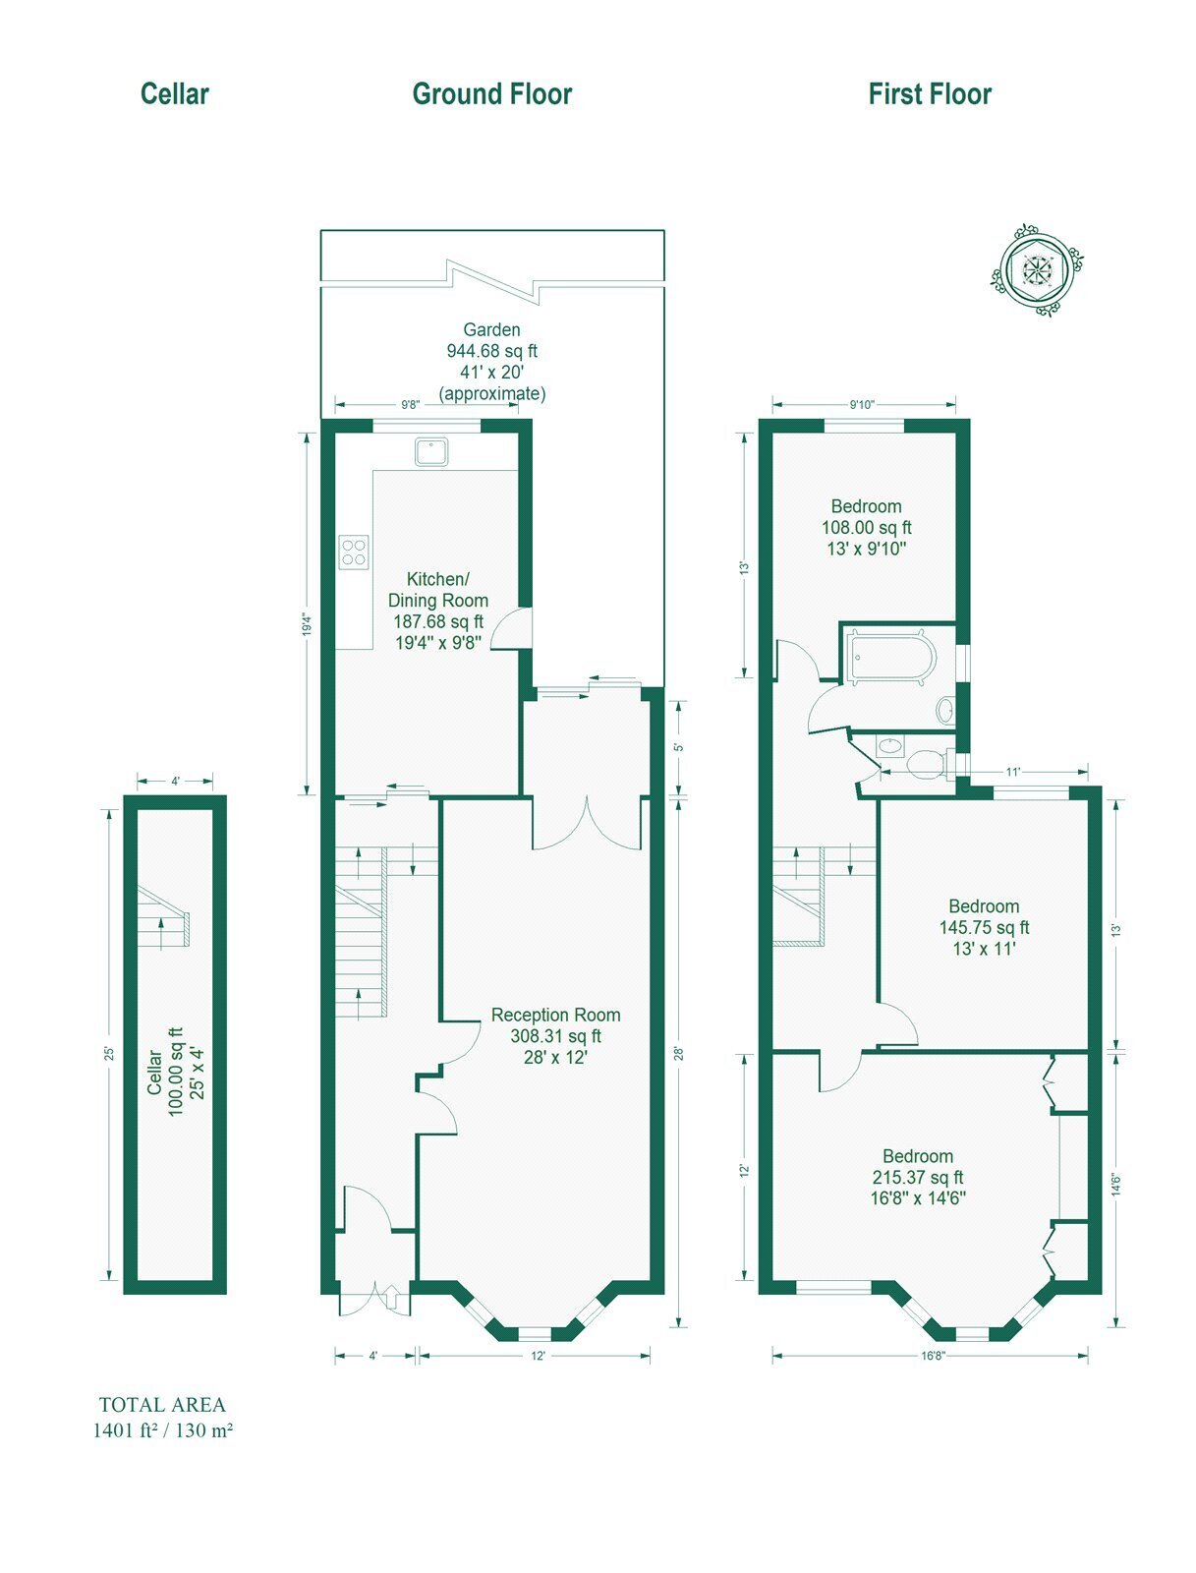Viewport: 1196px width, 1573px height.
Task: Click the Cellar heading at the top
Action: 174,93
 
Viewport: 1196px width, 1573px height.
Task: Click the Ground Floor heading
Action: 492,93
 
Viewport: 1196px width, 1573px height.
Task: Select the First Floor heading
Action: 930,93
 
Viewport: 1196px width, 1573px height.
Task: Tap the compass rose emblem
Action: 1036,269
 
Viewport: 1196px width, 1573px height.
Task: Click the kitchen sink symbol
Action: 431,451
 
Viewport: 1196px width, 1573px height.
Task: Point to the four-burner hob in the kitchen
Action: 354,552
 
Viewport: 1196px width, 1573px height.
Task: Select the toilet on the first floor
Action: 931,764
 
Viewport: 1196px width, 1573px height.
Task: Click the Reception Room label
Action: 556,1015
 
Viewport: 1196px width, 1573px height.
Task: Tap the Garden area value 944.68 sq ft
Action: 492,351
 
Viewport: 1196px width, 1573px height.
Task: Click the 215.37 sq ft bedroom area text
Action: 918,1178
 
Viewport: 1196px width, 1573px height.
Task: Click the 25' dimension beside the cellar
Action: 109,1054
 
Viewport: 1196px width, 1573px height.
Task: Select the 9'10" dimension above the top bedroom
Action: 863,404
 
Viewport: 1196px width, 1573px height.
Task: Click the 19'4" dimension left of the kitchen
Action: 308,624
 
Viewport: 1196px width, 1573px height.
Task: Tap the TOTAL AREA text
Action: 162,1405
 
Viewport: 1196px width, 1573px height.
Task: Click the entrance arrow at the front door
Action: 391,1297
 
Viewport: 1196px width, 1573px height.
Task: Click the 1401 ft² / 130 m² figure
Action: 162,1430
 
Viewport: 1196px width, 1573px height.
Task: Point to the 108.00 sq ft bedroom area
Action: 866,527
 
